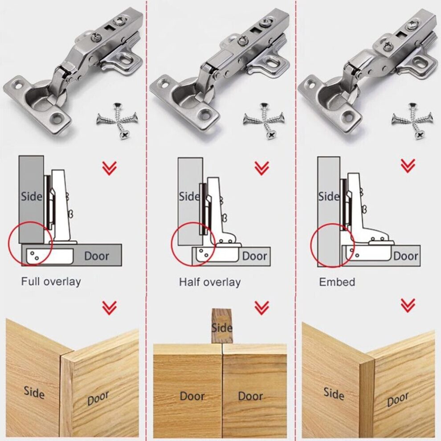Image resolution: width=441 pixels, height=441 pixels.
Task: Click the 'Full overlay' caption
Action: [51, 282]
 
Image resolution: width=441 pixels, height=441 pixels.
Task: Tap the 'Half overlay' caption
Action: [209, 282]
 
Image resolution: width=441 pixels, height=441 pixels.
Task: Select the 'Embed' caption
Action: [337, 282]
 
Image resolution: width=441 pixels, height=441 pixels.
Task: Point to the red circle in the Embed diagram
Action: [332, 245]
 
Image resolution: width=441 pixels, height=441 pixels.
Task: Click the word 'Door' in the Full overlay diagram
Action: [97, 256]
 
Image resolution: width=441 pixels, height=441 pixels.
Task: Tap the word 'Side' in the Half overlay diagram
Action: [189, 196]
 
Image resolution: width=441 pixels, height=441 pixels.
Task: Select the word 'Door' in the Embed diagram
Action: [405, 256]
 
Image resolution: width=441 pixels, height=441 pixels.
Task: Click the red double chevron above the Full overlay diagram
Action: [109, 168]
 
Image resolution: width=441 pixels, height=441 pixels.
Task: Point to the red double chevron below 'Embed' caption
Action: [408, 305]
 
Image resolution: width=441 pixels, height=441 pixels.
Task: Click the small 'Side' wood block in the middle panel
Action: [221, 326]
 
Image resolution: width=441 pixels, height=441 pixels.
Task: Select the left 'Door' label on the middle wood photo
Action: [192, 396]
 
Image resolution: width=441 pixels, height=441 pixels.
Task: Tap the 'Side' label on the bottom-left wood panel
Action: [34, 393]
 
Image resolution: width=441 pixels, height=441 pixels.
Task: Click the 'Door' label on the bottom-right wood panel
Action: [397, 400]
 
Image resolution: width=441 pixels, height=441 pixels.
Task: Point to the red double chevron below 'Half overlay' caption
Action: [261, 307]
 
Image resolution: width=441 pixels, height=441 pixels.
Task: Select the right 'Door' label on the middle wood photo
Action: [250, 396]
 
